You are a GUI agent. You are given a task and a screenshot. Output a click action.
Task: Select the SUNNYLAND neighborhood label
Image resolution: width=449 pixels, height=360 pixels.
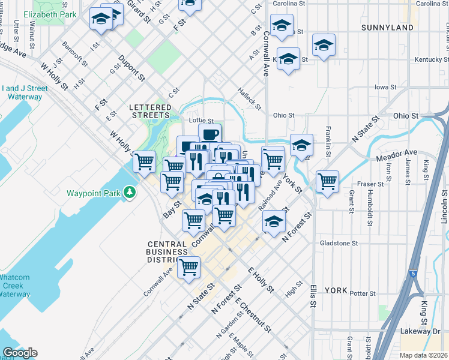coord(388,28)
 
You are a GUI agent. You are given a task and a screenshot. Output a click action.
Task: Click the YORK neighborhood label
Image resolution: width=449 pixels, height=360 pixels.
coord(336,290)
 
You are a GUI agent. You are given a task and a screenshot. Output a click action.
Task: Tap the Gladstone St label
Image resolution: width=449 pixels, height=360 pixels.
coord(339,244)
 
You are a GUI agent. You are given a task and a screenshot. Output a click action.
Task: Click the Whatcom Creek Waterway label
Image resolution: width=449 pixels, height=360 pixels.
coord(14,286)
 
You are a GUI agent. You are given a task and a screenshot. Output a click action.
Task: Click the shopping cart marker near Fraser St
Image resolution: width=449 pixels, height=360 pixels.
coord(327,181)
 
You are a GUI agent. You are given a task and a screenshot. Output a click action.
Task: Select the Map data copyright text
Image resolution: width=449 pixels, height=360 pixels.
coord(424,355)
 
